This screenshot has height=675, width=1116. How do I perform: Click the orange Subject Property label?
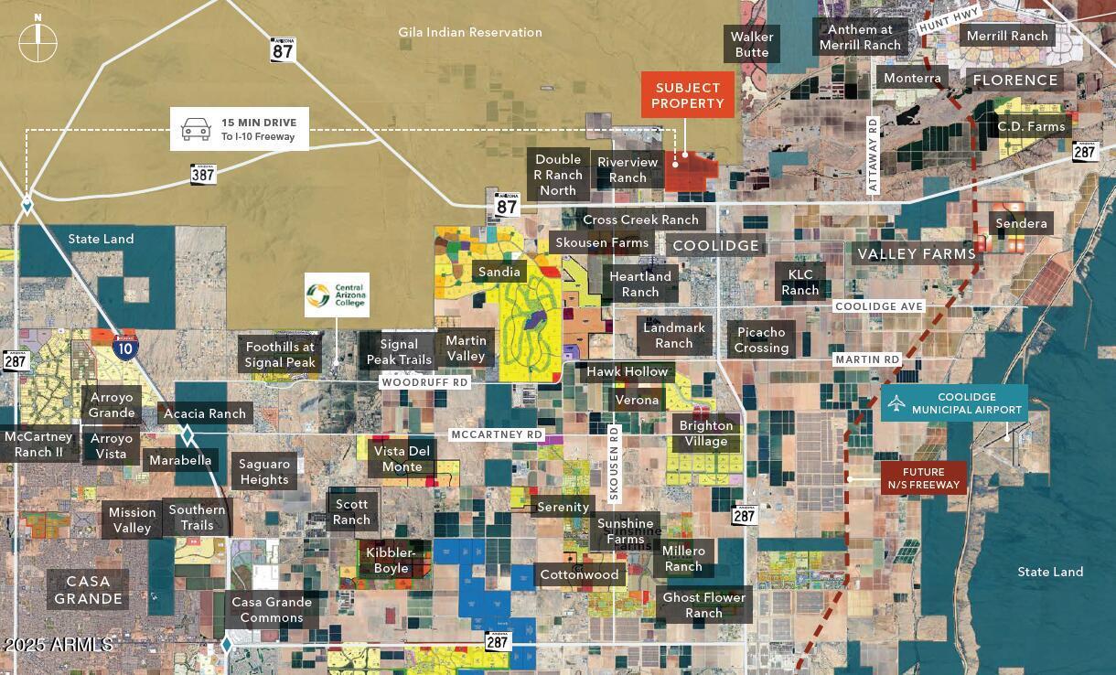[688, 96]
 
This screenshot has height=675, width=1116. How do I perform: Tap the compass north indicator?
[38, 42]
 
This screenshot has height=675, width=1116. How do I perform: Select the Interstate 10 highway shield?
[126, 346]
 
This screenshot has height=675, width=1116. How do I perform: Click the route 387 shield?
[203, 173]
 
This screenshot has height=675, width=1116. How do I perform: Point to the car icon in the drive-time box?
[196, 129]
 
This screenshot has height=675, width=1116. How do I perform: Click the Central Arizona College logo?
[318, 295]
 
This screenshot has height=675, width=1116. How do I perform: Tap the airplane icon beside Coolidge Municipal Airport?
[896, 403]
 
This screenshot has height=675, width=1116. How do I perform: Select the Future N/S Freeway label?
[924, 478]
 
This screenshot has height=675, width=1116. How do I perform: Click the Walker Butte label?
[752, 44]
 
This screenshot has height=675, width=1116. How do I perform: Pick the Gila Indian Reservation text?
[470, 32]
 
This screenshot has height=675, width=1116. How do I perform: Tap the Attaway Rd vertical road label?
[873, 155]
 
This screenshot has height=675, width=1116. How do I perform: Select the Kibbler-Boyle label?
[392, 560]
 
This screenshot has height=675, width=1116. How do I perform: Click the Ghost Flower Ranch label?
[704, 605]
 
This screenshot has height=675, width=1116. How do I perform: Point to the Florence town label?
[1015, 80]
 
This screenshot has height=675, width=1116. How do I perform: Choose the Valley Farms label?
[917, 253]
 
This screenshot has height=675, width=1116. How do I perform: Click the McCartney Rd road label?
[497, 434]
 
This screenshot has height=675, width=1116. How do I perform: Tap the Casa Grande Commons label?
[272, 609]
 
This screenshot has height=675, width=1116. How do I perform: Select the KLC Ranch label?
[800, 282]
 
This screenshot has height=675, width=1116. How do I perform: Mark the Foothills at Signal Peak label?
[280, 354]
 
